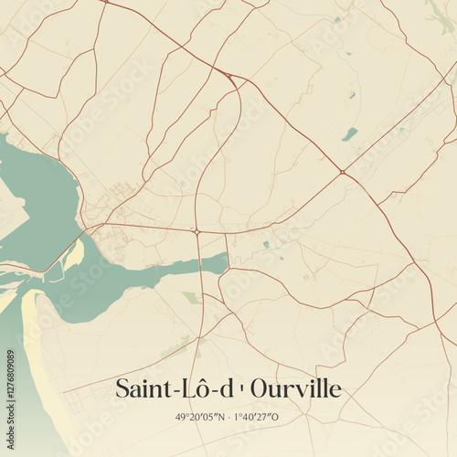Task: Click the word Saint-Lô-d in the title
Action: [174, 389]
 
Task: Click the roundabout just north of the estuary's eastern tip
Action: [197, 232]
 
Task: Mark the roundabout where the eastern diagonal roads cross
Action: [342, 171]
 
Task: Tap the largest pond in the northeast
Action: [349, 134]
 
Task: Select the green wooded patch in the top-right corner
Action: [437, 13]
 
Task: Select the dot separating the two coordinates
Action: [229, 418]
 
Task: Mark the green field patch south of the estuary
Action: [191, 297]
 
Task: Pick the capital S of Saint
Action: [123, 389]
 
